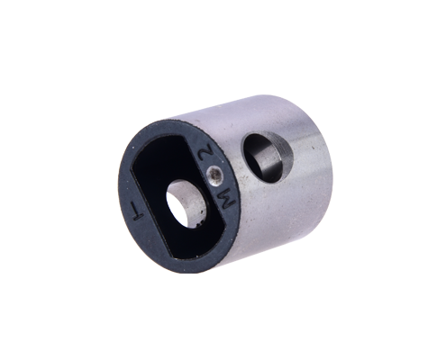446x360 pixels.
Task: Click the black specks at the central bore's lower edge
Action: pyautogui.click(x=198, y=223)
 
